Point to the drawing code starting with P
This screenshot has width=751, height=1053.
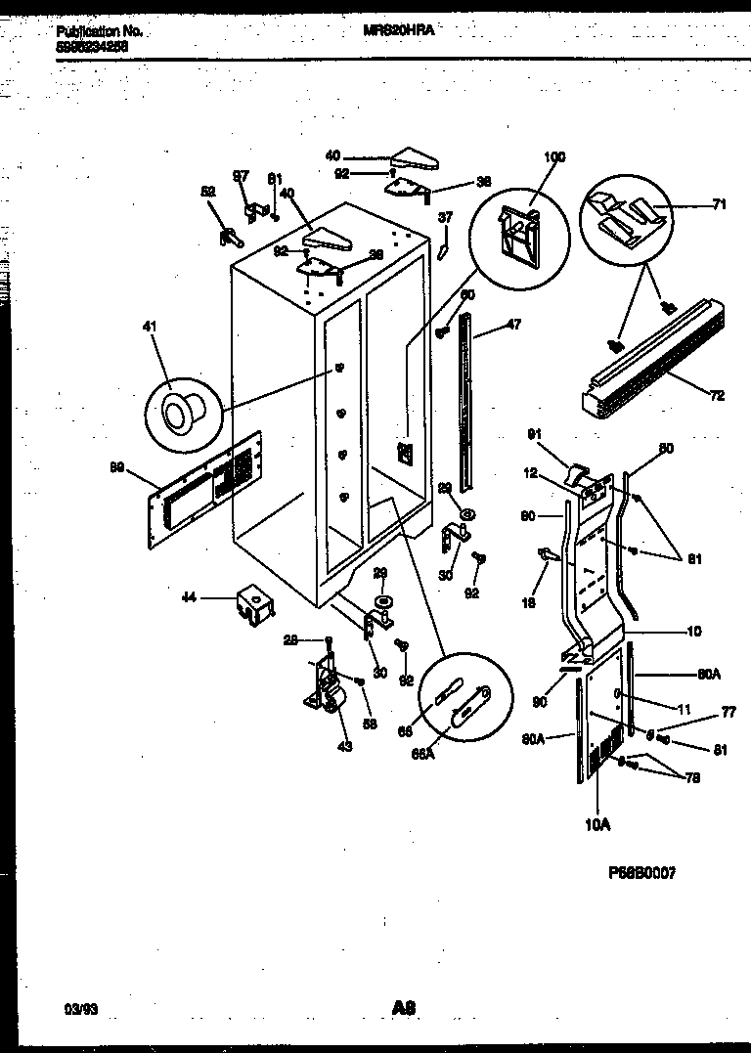(x=641, y=872)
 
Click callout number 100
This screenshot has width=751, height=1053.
(x=553, y=156)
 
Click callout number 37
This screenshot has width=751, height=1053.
(x=445, y=217)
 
